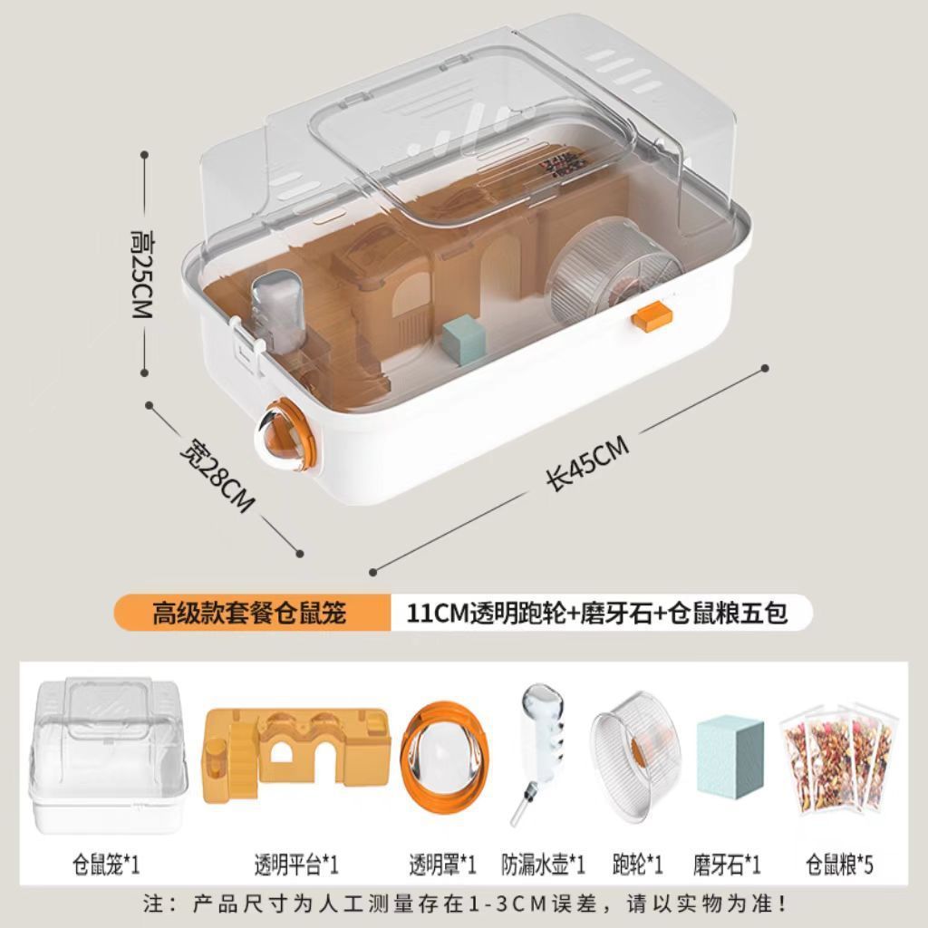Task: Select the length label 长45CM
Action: point(586,464)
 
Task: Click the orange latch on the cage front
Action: point(652,317)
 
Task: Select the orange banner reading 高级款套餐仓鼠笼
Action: point(248,614)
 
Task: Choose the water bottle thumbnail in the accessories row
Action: point(541,754)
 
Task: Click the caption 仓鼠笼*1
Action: point(106,865)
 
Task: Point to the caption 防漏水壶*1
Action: point(544,865)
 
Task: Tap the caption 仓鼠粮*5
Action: point(839,865)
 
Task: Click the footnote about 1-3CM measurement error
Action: point(463,904)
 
